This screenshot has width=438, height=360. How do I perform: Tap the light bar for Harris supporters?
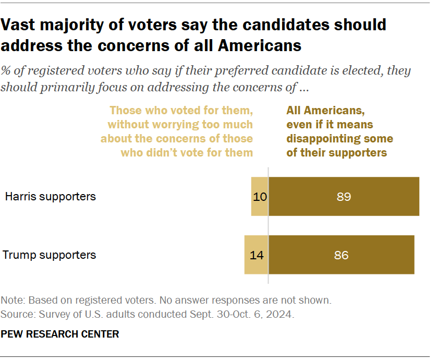[x=259, y=197]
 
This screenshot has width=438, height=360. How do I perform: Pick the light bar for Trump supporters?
[x=256, y=255]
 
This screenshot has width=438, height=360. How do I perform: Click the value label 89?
[x=344, y=197]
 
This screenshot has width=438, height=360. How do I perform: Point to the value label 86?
[x=341, y=255]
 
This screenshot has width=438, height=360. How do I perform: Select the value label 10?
[x=260, y=197]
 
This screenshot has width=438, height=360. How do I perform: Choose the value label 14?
[x=256, y=255]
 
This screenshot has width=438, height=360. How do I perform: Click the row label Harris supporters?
[x=51, y=197]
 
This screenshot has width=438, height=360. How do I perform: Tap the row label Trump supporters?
[x=50, y=255]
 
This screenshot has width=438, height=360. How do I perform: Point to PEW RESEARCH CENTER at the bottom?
[x=60, y=334]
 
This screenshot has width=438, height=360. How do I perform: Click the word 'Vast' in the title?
[x=19, y=25]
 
